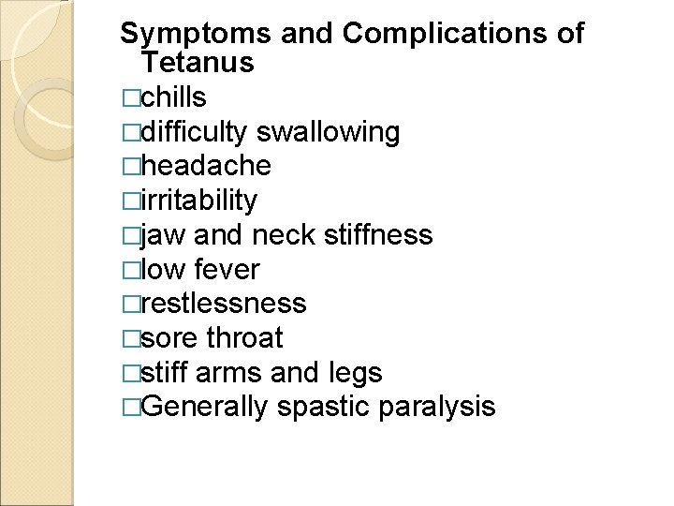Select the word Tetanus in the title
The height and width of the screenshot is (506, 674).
coord(198,64)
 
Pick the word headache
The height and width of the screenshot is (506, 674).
coord(204,167)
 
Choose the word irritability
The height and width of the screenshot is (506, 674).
coord(198,201)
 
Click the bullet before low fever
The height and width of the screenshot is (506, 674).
coord(129,270)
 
